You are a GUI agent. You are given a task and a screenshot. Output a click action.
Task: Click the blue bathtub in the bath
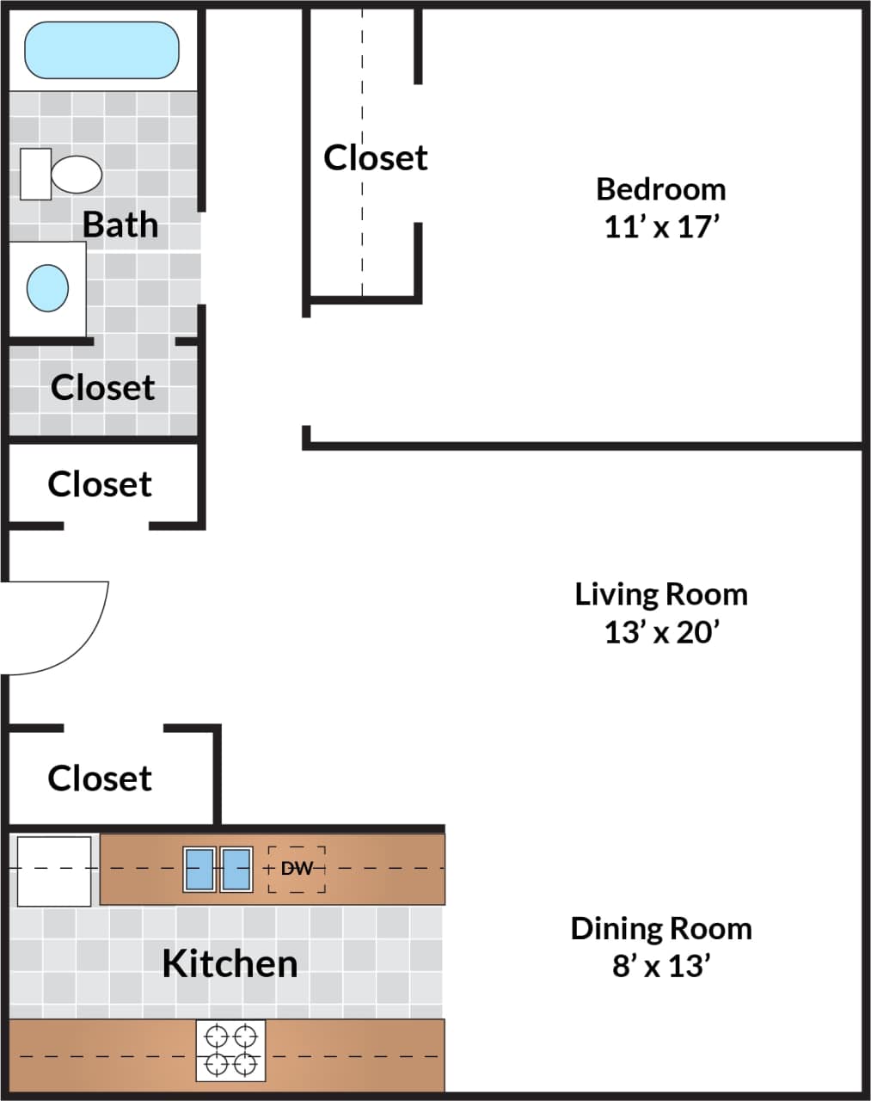tap(101, 50)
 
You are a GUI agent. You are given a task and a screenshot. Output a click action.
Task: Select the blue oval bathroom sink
tap(47, 287)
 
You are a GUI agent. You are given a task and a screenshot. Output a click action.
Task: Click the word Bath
tap(120, 225)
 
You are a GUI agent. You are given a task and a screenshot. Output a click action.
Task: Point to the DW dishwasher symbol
tap(297, 869)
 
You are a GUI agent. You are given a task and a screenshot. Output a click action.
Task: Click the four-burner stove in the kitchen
tap(230, 1050)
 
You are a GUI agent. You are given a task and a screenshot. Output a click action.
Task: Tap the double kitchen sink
tap(218, 869)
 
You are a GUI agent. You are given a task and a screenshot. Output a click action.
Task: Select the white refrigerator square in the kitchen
tap(54, 870)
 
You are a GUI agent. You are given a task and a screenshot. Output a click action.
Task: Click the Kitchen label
tap(230, 963)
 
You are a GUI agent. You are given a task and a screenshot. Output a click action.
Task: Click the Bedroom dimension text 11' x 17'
tap(660, 228)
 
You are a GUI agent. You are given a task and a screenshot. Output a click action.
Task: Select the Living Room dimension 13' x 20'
tap(660, 633)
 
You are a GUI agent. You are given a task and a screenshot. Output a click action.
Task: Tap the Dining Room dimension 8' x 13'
tap(660, 967)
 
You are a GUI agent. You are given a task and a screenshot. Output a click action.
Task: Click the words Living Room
tap(660, 594)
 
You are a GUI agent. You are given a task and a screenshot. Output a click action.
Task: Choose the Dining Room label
tap(660, 929)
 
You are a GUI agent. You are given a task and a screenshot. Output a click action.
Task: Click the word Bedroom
tap(660, 189)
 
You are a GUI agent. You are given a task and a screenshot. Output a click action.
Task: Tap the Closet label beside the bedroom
tap(375, 157)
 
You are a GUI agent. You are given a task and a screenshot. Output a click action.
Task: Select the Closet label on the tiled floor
tap(102, 387)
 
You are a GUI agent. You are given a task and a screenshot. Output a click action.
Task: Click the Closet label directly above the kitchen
tap(100, 778)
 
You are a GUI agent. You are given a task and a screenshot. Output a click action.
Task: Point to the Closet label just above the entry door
tap(100, 484)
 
